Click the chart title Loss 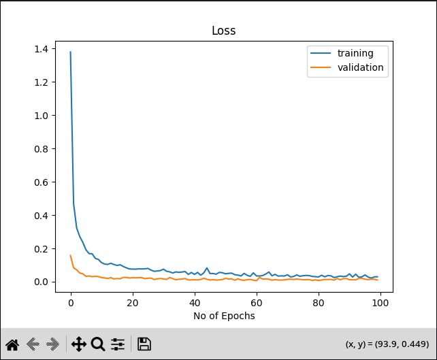[x=224, y=31]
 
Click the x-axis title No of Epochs [x=224, y=315]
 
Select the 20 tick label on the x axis [x=133, y=303]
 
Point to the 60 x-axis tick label [x=257, y=303]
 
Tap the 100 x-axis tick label [x=381, y=303]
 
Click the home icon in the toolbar [x=12, y=344]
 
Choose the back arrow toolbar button [x=33, y=344]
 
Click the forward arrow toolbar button [x=52, y=344]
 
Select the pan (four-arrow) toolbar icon [x=78, y=344]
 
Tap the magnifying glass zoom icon [x=98, y=344]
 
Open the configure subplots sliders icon [x=118, y=344]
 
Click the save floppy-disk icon [x=144, y=344]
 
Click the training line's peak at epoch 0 [x=71, y=52]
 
